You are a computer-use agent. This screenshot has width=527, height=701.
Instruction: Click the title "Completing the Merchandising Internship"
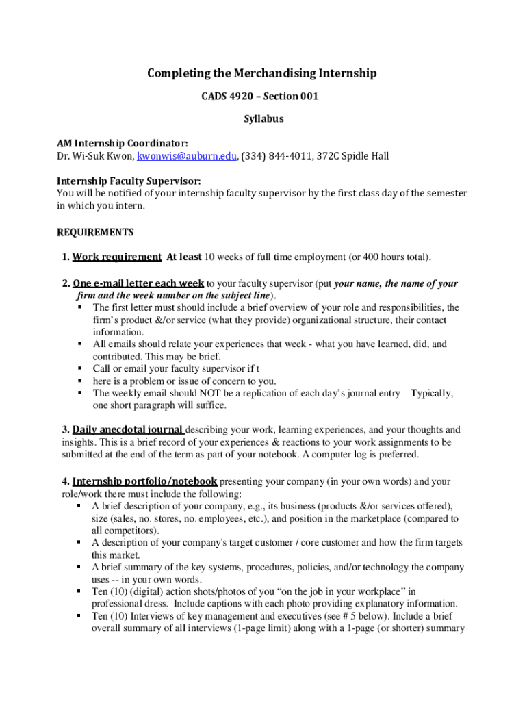click(263, 73)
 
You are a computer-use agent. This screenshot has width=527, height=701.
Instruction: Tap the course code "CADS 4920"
click(224, 97)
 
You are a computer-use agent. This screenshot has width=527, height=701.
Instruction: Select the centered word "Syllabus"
click(263, 119)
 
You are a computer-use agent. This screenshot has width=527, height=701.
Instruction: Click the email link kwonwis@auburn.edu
click(187, 156)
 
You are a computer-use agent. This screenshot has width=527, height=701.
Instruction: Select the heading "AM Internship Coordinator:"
click(122, 143)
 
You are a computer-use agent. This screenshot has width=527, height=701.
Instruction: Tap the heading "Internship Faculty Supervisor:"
click(129, 181)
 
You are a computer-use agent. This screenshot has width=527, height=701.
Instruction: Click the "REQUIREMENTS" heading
click(95, 232)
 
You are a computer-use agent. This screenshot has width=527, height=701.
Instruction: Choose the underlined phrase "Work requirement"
click(117, 257)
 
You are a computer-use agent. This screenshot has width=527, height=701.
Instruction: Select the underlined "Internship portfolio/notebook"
click(144, 481)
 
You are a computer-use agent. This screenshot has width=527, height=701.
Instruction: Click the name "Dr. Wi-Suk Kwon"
click(94, 156)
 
